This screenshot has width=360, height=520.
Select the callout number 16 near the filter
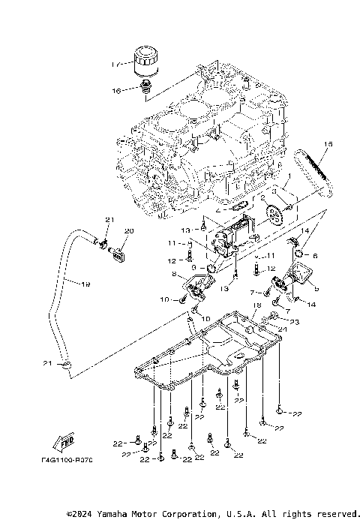117,90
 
